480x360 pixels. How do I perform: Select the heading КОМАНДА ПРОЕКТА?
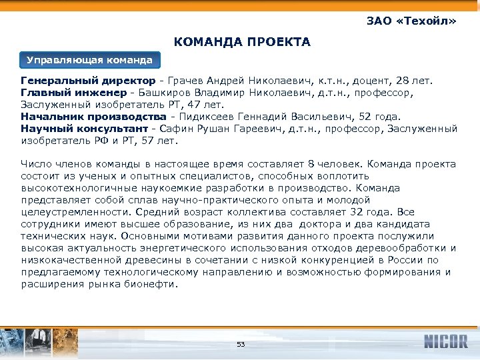243,43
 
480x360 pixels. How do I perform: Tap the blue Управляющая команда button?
90,61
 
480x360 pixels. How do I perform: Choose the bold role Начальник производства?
85,117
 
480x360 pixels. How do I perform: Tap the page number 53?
241,344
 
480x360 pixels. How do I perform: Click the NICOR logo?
445,342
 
